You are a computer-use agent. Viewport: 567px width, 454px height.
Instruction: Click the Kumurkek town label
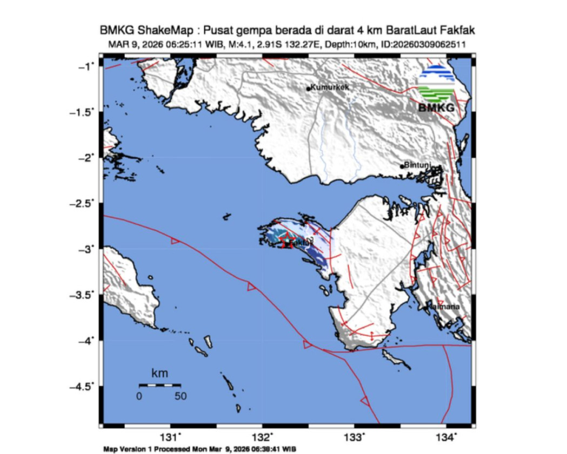coord(329,86)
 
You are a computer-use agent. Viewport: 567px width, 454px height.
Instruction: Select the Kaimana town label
coord(444,307)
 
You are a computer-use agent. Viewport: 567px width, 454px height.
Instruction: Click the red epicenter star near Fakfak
coord(287,243)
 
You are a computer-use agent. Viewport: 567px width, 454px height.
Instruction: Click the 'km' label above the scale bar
coord(159,373)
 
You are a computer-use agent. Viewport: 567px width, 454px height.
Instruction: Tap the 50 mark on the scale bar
coord(180,396)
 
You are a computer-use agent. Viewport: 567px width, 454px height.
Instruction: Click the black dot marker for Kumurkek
coord(308,89)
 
